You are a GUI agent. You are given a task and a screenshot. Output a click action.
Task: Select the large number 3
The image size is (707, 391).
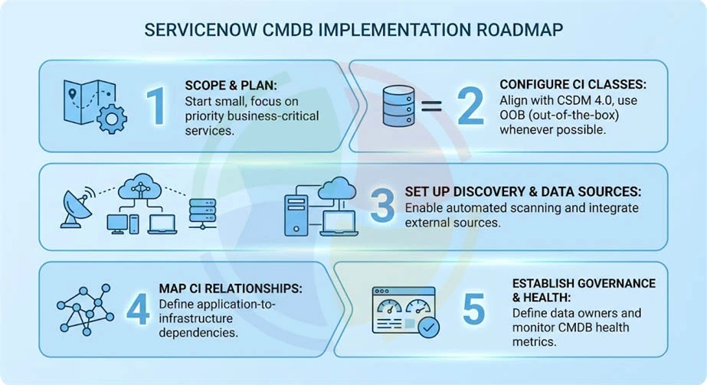click(381, 206)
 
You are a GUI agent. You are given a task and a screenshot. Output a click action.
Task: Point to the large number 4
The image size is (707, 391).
click(138, 310)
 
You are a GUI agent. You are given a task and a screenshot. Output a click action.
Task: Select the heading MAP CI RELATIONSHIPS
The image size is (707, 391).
click(231, 288)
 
